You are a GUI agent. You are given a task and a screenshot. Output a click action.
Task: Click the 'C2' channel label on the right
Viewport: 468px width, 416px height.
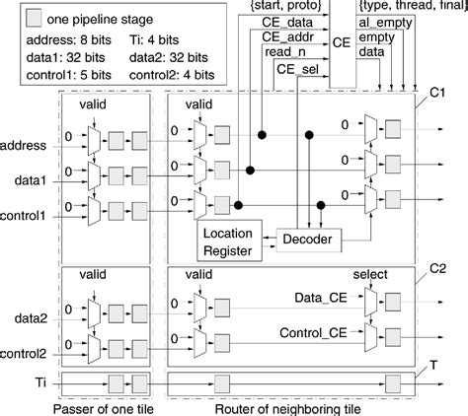click(x=438, y=270)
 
